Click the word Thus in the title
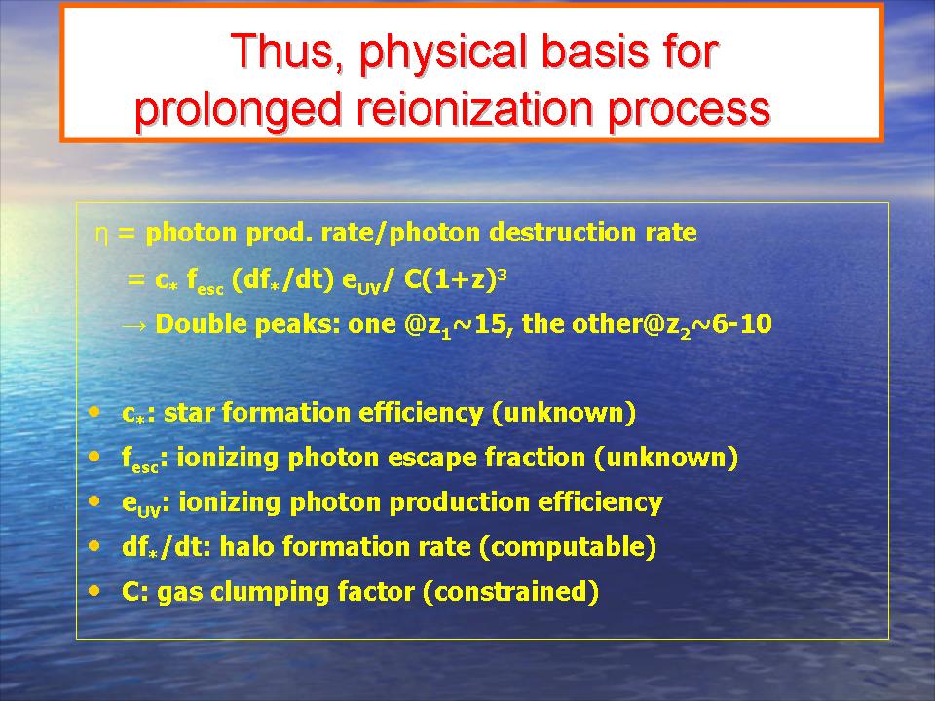(x=285, y=52)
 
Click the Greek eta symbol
(x=101, y=235)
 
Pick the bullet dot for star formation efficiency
(x=94, y=412)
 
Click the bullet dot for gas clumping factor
(x=94, y=591)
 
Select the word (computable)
(x=568, y=546)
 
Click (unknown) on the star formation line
(x=564, y=413)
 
